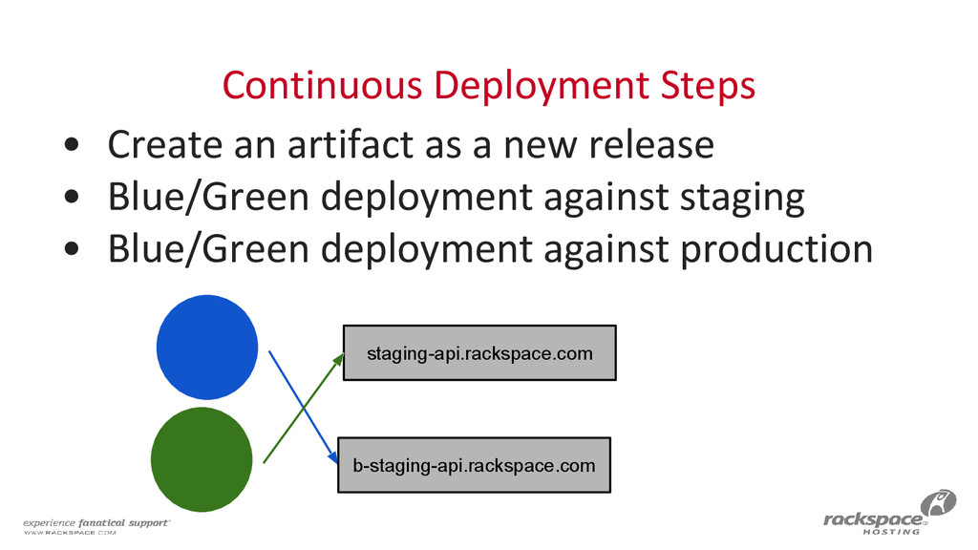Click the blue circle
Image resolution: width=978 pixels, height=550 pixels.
point(206,349)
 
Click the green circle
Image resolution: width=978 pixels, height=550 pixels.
point(202,459)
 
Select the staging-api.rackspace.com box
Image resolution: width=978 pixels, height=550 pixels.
point(479,353)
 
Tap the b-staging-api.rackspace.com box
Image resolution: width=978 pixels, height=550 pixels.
point(474,465)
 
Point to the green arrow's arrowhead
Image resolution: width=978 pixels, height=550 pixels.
point(340,357)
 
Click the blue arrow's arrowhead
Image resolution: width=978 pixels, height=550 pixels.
point(334,460)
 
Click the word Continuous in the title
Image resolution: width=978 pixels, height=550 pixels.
point(320,87)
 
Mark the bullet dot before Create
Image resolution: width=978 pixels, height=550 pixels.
point(73,146)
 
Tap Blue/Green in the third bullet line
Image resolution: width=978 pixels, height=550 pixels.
point(207,249)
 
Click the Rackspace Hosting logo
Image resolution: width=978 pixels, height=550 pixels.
point(887,517)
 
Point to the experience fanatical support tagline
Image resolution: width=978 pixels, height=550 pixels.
point(96,522)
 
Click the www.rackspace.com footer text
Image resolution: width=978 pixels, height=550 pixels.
point(69,534)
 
